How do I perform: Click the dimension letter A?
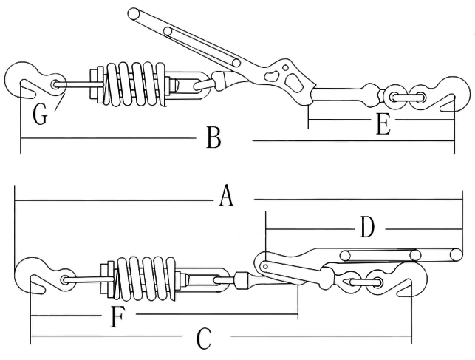tap(227, 197)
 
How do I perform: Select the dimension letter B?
tap(213, 137)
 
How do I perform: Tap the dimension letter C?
tap(205, 340)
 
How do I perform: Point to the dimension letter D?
tap(367, 228)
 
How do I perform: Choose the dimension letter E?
tap(382, 125)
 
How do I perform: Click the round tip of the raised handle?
tap(134, 13)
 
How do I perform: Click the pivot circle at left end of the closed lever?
tap(263, 263)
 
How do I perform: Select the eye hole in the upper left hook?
tap(57, 84)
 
